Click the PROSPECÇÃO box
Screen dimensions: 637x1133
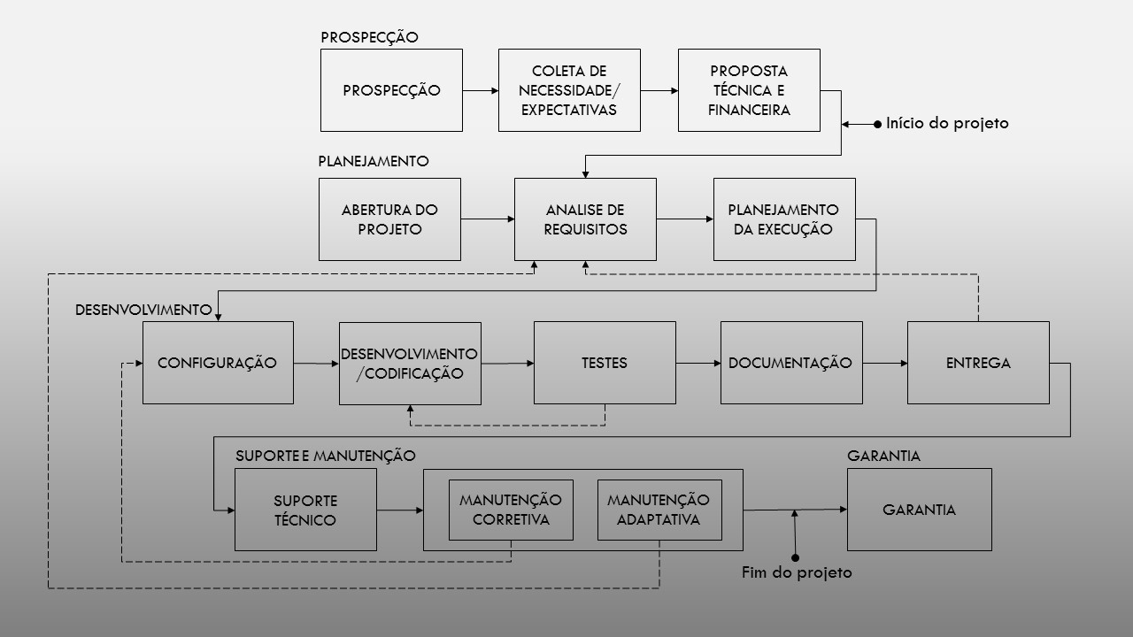(x=391, y=90)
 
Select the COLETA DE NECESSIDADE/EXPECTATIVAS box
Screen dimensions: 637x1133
(x=569, y=90)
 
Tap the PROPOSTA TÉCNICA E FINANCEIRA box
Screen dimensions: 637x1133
(x=749, y=90)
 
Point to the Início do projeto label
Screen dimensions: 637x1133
(x=947, y=124)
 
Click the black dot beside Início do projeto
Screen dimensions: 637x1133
(x=878, y=125)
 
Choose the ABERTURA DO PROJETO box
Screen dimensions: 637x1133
(x=389, y=219)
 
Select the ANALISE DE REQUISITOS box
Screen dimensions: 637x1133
(x=585, y=219)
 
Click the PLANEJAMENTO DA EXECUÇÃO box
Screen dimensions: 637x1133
(x=784, y=219)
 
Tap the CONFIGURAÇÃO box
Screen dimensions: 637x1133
(x=218, y=363)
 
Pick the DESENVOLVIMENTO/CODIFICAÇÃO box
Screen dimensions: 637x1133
(x=410, y=364)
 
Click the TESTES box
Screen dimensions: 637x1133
(x=605, y=363)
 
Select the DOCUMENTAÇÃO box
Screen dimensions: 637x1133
(x=791, y=363)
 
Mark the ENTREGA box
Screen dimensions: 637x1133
(x=978, y=363)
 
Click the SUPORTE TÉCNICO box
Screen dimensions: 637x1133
(x=305, y=510)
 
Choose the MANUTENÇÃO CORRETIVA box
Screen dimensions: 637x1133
(x=511, y=510)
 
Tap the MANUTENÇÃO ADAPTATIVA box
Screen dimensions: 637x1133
(x=659, y=510)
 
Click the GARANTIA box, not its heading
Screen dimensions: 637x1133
(x=919, y=510)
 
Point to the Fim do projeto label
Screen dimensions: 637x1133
(x=797, y=572)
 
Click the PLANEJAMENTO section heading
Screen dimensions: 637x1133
(x=374, y=162)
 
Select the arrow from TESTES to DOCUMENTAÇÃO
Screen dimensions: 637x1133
(x=698, y=363)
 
